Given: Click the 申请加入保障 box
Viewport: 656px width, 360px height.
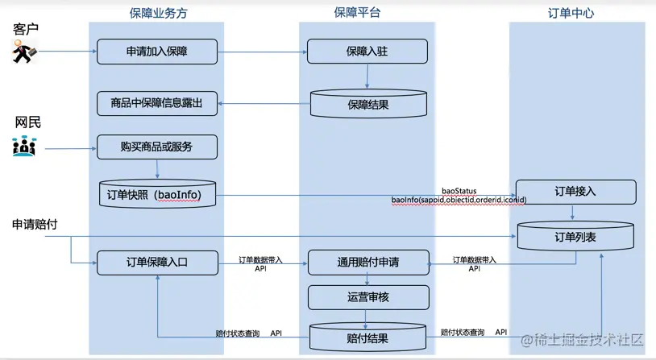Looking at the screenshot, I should pyautogui.click(x=157, y=52).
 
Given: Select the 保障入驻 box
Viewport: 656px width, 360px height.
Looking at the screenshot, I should pyautogui.click(x=367, y=52).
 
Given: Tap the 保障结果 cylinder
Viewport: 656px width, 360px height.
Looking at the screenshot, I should pyautogui.click(x=368, y=104).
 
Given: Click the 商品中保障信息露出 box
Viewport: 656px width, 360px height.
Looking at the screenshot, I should pyautogui.click(x=157, y=103).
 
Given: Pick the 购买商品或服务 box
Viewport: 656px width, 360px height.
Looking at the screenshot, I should pyautogui.click(x=157, y=147).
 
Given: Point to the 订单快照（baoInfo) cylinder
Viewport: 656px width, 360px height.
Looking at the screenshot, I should pyautogui.click(x=157, y=194).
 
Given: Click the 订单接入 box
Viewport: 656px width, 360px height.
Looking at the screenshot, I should pyautogui.click(x=575, y=192).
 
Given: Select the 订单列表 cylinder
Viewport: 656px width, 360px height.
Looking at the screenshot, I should pyautogui.click(x=575, y=237).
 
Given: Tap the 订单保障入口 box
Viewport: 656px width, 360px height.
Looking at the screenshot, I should pyautogui.click(x=157, y=263).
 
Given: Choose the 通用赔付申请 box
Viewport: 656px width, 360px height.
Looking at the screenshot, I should pyautogui.click(x=368, y=263).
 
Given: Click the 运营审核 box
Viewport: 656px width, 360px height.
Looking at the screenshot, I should pyautogui.click(x=368, y=297).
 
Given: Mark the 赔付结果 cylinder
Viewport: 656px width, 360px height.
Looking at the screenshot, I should pyautogui.click(x=368, y=337).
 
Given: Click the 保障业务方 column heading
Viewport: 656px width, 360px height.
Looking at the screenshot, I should pyautogui.click(x=158, y=12).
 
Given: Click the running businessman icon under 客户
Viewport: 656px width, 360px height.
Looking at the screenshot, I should pyautogui.click(x=25, y=53).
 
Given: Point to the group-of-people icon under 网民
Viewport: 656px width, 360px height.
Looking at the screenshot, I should pyautogui.click(x=24, y=147).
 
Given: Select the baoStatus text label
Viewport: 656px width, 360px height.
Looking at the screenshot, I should pyautogui.click(x=459, y=192).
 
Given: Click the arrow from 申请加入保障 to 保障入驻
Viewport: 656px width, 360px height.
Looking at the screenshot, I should pyautogui.click(x=262, y=52).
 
